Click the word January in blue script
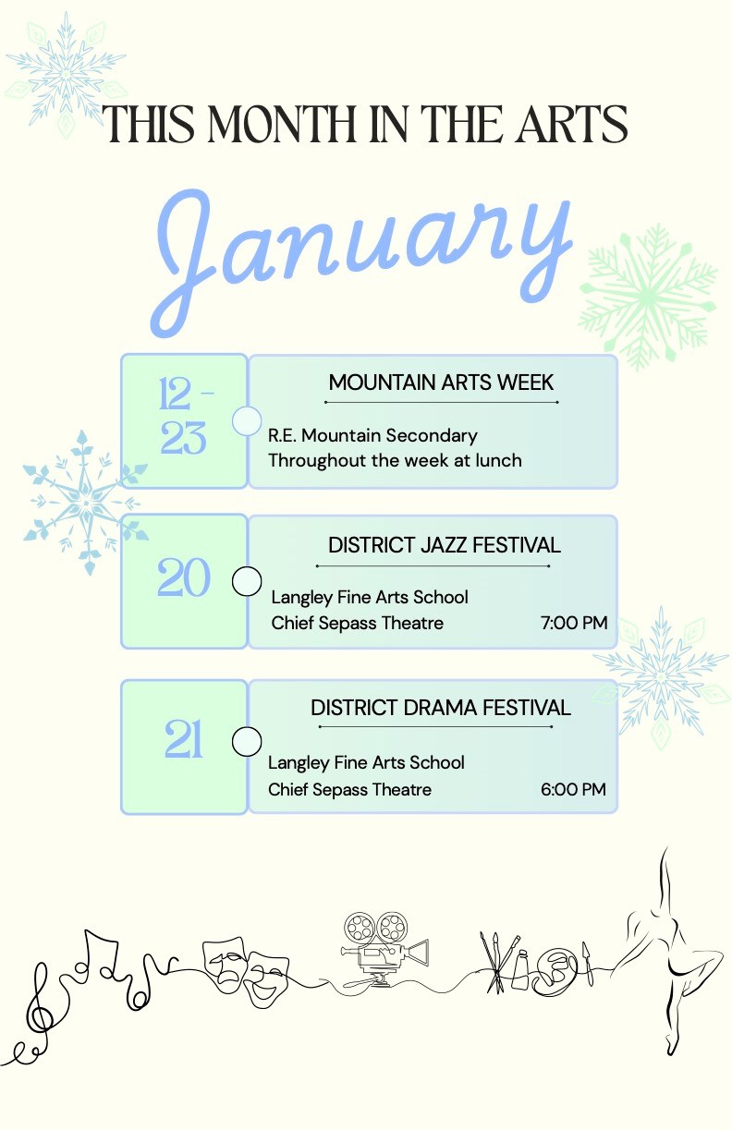pos(360,248)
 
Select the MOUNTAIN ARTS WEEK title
pos(441,383)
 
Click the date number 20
pos(184,580)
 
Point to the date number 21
pos(184,740)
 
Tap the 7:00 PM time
pos(574,623)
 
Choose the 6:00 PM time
pos(573,789)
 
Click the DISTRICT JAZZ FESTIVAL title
pos(444,545)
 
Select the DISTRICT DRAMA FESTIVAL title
pos(440,708)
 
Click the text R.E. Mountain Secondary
pos(372,435)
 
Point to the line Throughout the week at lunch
pos(395,460)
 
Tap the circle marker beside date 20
pos(247,581)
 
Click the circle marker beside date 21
pos(247,741)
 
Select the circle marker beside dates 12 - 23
pos(247,420)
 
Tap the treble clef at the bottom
pos(41,1002)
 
